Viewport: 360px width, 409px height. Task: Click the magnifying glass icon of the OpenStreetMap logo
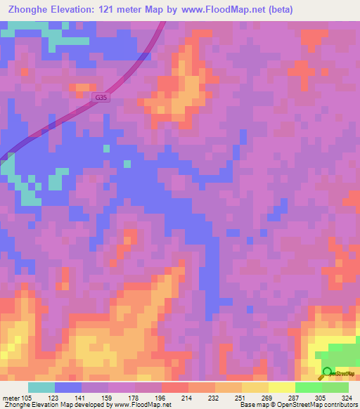[x=326, y=372]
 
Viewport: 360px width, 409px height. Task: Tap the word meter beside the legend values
[x=9, y=397]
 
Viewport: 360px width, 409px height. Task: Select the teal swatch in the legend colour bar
[x=41, y=387]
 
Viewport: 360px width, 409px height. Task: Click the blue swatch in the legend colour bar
[x=67, y=387]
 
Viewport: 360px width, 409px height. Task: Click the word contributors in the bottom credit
[x=340, y=405]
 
